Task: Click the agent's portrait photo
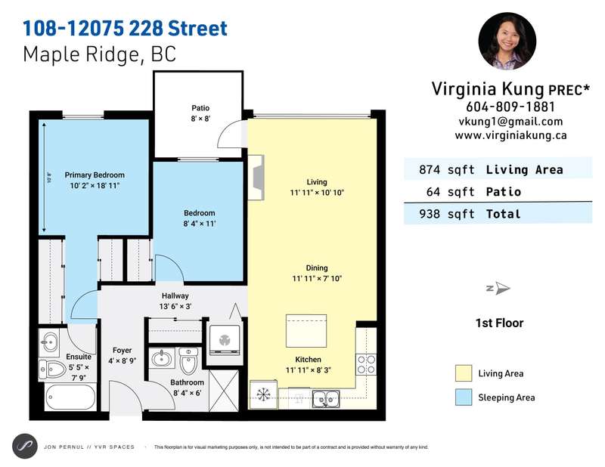507,41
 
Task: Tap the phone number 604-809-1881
510,107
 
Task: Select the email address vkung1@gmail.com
510,122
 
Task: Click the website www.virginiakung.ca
510,135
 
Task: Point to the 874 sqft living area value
447,170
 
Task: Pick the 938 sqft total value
447,214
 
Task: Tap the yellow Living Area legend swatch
464,373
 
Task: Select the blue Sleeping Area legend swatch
464,397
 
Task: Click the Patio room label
200,108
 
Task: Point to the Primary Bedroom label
95,175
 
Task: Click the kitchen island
306,331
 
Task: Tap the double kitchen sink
326,398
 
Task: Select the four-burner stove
366,365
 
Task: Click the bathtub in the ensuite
70,397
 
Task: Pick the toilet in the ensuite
53,370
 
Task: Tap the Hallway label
175,295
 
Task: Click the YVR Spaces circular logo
25,447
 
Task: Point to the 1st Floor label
499,323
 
